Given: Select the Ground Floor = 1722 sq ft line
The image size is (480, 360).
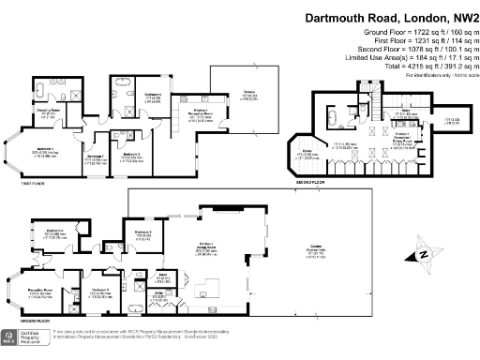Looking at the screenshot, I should pyautogui.click(x=417, y=33).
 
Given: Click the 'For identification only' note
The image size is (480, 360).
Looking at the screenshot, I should pyautogui.click(x=441, y=74).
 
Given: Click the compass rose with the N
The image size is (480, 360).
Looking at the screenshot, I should pyautogui.click(x=423, y=254).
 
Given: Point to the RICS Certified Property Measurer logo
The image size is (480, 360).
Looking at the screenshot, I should pyautogui.click(x=22, y=337).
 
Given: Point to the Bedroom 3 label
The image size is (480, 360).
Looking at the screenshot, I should pyautogui.click(x=130, y=155).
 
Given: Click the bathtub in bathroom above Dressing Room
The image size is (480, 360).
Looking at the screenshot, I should pyautogui.click(x=43, y=90).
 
